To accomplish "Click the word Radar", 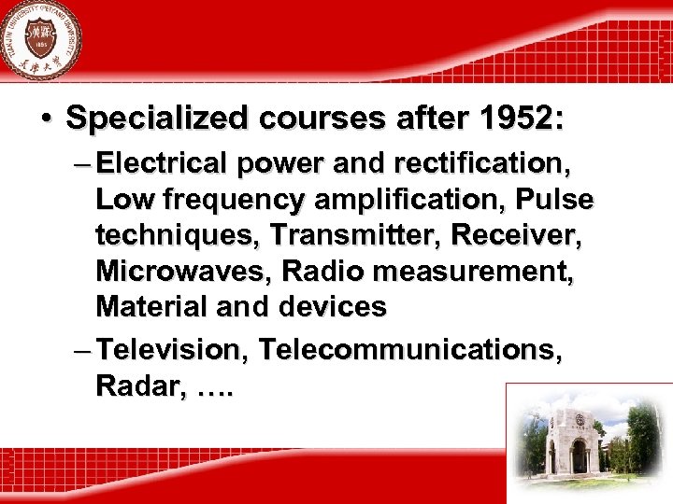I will (x=131, y=386).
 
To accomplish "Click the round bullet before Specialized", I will (x=45, y=119).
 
